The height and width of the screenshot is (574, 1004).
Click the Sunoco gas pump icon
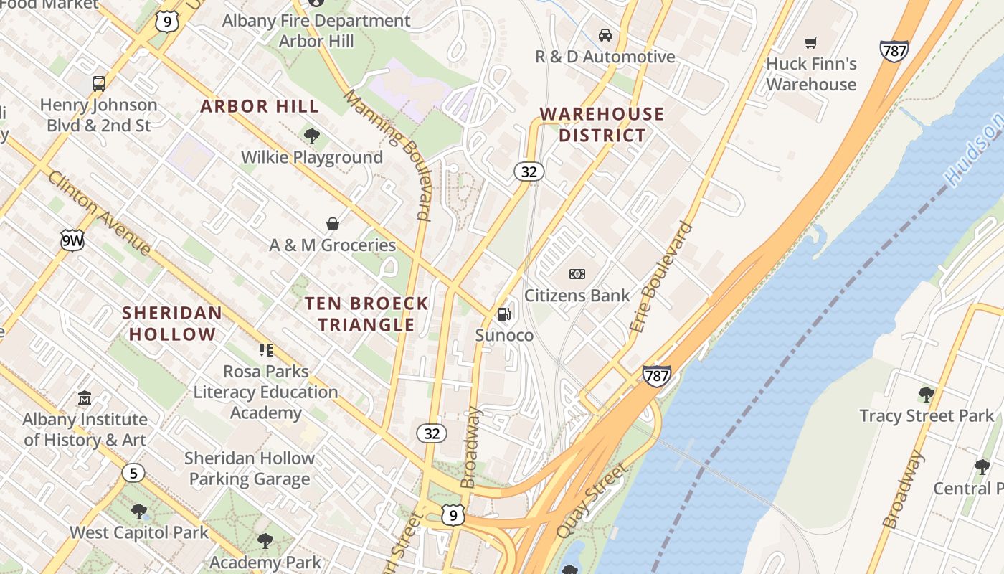pyautogui.click(x=504, y=314)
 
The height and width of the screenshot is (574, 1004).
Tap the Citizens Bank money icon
pyautogui.click(x=577, y=274)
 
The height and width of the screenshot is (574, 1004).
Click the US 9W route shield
pyautogui.click(x=72, y=241)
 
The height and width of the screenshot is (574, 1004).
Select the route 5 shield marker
pyautogui.click(x=133, y=473)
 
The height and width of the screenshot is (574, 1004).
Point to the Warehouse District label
pyautogui.click(x=602, y=124)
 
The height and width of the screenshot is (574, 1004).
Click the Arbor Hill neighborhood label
pyautogui.click(x=260, y=106)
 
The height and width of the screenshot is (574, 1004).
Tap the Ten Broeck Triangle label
pyautogui.click(x=366, y=314)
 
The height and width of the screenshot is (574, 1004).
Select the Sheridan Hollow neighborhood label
pyautogui.click(x=172, y=324)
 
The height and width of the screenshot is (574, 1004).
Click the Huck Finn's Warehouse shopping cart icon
pyautogui.click(x=811, y=42)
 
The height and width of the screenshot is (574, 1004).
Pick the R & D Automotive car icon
pyautogui.click(x=605, y=35)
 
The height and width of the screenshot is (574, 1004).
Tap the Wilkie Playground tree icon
pyautogui.click(x=311, y=136)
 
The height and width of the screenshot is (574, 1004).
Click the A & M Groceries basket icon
pyautogui.click(x=333, y=224)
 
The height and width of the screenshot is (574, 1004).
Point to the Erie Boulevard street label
pyautogui.click(x=662, y=277)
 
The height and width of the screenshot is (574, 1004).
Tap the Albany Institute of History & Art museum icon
pyautogui.click(x=85, y=397)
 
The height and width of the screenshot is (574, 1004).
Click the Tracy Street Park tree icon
pyautogui.click(x=926, y=394)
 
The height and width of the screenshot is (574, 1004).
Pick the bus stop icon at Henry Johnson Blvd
pyautogui.click(x=99, y=83)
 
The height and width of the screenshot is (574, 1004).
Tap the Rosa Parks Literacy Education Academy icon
pyautogui.click(x=266, y=350)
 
